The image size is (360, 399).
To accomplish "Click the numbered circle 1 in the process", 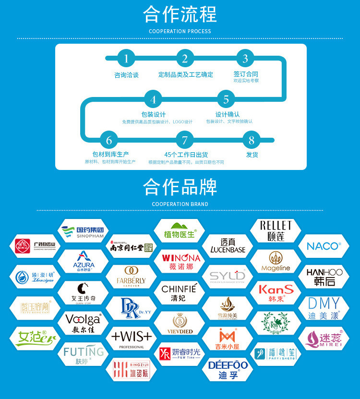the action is pos(126,59).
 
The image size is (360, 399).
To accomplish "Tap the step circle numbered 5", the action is pos(226,100).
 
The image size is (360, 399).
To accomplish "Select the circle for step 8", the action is pos(252,140).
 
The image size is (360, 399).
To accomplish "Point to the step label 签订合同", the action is pos(246,74).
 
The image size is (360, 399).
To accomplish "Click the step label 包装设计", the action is pos(154,114).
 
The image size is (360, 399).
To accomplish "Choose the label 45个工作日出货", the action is pos(186,155).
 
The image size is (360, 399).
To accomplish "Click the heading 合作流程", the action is pos(180,14).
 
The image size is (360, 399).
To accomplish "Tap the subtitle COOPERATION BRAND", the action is pos(180,204).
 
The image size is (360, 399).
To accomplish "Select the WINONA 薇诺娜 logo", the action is pos(181,261).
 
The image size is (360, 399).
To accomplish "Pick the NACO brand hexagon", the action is pos(323,246).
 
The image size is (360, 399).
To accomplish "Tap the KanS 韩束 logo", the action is pos(276,292).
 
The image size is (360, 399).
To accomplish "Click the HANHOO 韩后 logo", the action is pos(324,277).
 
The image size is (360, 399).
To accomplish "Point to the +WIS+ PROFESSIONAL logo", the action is pos(131,339).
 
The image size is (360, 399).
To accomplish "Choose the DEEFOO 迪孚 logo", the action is pos(228,369).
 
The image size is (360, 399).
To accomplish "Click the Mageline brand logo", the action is pos(276,261).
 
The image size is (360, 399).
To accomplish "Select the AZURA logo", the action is pos(84,261).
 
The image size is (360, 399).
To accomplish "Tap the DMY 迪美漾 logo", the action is pos(324,308).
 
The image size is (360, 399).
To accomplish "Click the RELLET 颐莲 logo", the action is pos(276,231).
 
